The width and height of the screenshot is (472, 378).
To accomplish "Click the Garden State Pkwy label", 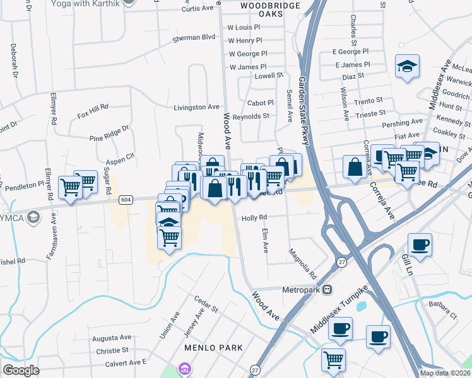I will point(304,111).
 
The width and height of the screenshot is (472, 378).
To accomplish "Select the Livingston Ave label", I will point(197,107).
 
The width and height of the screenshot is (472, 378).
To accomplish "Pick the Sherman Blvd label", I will point(194,38).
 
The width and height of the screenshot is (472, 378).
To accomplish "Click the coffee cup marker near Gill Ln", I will point(419,244).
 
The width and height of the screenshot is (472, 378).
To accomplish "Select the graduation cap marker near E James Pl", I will point(407,66).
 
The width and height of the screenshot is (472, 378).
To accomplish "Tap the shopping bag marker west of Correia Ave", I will point(355,167).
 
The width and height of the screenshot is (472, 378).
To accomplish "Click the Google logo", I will point(21,370).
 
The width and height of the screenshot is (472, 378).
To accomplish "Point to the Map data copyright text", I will point(445,373).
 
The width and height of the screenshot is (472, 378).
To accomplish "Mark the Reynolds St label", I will point(251,116).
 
